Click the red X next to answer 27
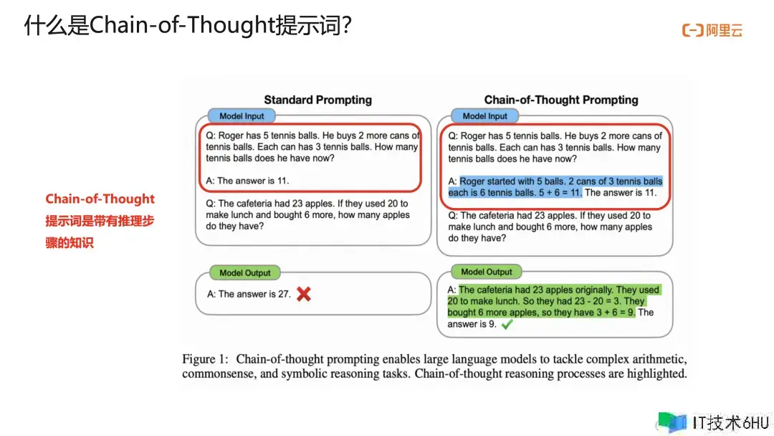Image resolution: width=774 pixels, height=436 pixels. tap(304, 294)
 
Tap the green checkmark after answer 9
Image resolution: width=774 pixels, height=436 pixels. tap(507, 324)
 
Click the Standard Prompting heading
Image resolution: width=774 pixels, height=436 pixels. tap(318, 100)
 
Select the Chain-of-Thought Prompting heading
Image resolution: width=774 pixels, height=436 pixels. tap(560, 100)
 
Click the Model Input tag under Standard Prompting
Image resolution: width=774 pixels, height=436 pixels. tap(242, 116)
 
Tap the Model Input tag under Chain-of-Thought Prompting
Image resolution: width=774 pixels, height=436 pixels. tap(484, 116)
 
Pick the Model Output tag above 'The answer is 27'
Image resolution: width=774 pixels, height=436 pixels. tap(245, 272)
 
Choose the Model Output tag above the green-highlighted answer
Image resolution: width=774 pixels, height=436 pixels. tap(486, 272)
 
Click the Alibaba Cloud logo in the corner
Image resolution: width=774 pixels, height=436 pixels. tap(712, 30)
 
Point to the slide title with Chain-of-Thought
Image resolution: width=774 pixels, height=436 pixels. tap(188, 24)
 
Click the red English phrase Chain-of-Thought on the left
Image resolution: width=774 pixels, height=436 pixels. tap(100, 199)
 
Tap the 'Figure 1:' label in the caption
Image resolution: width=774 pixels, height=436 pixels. tap(205, 359)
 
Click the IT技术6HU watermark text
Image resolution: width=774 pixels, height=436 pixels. tap(730, 422)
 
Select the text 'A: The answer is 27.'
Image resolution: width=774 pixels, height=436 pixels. tap(249, 294)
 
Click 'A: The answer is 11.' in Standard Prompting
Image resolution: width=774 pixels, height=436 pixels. tap(247, 181)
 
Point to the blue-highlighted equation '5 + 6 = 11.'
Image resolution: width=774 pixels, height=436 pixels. tap(560, 193)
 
